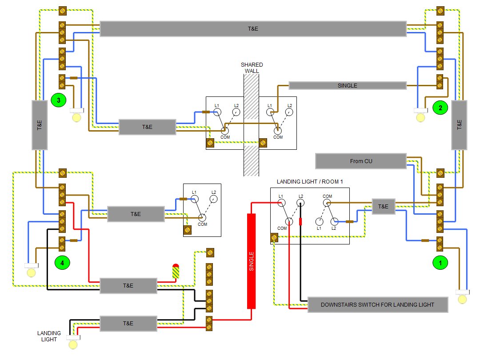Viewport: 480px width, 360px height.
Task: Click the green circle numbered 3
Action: coord(58,100)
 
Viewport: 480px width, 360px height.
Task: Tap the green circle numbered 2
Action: coord(440,107)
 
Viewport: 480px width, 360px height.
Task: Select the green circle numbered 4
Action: coord(62,263)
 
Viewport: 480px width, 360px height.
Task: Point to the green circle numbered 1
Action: coord(440,263)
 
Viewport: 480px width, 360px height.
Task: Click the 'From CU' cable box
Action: coord(361,161)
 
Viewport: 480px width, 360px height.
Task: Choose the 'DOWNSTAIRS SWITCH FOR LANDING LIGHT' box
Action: coord(377,304)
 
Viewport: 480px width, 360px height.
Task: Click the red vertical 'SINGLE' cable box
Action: coord(252,261)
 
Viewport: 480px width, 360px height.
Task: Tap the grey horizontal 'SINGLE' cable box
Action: coord(348,85)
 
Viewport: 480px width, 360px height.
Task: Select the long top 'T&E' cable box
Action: coord(253,28)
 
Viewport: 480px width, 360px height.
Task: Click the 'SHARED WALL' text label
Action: coord(252,68)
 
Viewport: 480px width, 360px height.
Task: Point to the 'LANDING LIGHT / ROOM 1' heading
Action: coord(310,182)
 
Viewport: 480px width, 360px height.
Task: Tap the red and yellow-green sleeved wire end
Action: coord(176,272)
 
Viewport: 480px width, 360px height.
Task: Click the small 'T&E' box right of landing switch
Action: coord(383,207)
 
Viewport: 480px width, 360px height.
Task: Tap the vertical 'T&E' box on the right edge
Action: coord(460,125)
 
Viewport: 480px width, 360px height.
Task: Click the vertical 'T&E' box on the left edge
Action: coord(40,125)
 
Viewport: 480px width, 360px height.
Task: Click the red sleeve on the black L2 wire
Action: coord(301,221)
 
